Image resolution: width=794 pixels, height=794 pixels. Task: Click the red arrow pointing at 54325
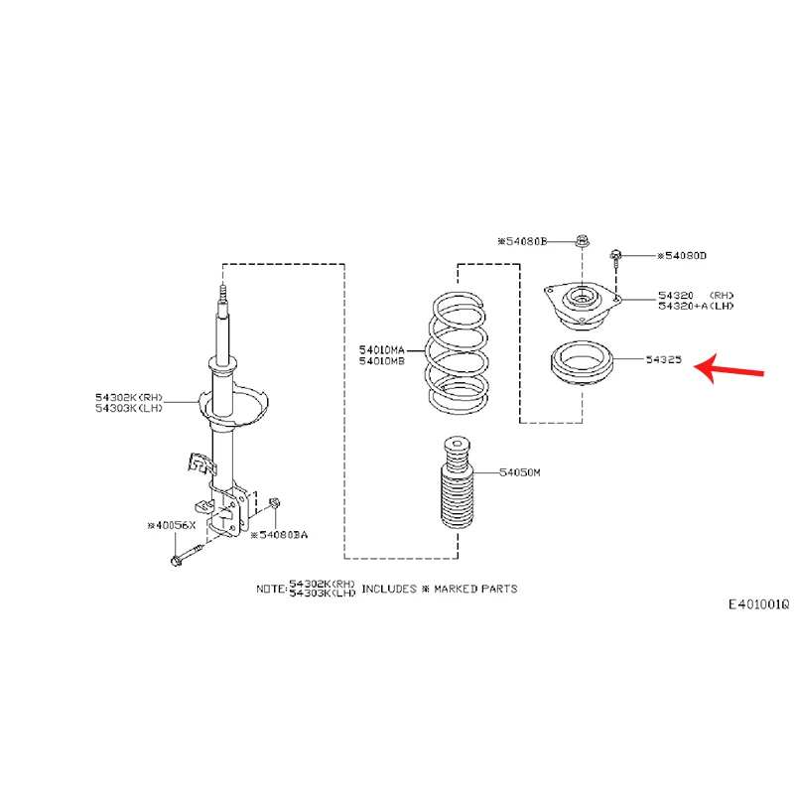[729, 370]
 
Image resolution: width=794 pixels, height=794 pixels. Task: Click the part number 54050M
[520, 473]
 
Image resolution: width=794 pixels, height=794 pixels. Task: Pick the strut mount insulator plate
[582, 304]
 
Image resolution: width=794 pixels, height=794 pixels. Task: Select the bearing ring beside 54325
[582, 364]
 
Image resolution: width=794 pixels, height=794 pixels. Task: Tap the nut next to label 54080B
[582, 240]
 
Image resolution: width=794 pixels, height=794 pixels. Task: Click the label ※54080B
[522, 241]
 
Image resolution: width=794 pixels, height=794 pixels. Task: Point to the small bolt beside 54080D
[616, 258]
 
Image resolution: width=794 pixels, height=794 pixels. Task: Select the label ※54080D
[682, 256]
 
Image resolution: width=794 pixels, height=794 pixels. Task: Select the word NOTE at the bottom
[270, 589]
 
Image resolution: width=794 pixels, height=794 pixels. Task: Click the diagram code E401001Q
[758, 604]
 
